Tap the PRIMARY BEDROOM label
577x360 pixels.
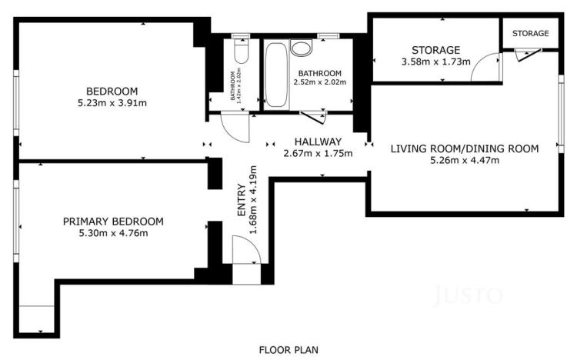(x=113, y=221)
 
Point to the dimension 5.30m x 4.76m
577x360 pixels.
(x=113, y=233)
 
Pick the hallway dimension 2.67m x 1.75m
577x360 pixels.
(x=318, y=153)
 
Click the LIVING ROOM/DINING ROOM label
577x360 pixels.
(x=464, y=148)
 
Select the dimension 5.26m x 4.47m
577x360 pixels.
(x=464, y=161)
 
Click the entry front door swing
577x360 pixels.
(x=245, y=250)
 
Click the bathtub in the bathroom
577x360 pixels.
(x=276, y=75)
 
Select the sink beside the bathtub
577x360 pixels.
(x=302, y=48)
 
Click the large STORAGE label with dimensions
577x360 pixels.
(x=435, y=50)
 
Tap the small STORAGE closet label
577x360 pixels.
(x=531, y=34)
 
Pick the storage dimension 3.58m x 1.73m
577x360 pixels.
(x=435, y=62)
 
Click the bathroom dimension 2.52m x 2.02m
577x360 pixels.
(x=320, y=82)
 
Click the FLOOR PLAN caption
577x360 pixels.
(x=288, y=349)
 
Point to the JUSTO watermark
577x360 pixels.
(x=468, y=295)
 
